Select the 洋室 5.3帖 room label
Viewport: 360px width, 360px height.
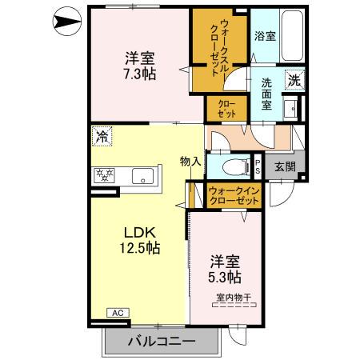(226, 269)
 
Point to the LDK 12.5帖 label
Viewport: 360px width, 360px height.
(141, 239)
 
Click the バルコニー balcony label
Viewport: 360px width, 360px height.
(161, 342)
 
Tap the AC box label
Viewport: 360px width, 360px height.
(117, 312)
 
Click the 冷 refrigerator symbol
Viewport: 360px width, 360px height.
(101, 136)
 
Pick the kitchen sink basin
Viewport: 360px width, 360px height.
(142, 174)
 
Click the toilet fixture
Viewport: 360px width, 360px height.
(233, 167)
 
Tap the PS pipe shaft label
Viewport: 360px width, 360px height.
(258, 166)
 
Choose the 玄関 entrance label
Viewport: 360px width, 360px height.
(284, 166)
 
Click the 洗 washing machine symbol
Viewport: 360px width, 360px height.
(294, 79)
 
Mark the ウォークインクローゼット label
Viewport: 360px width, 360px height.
(233, 195)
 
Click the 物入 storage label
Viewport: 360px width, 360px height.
(190, 161)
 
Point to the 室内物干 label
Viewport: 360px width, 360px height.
(233, 298)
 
